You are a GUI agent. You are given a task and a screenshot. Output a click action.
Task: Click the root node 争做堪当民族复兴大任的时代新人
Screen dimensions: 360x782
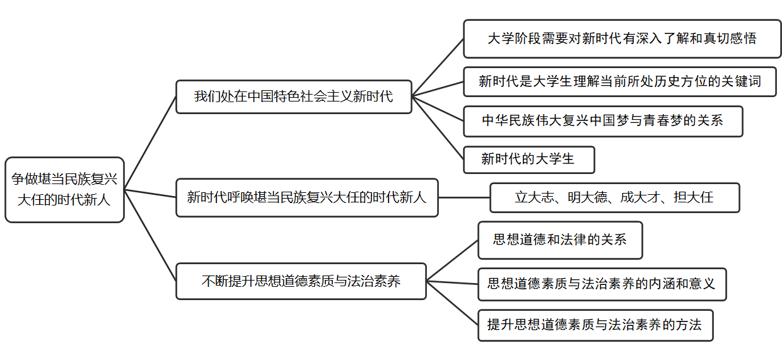tap(64, 190)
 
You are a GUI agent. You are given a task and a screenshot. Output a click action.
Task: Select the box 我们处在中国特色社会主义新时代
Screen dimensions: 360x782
tap(293, 96)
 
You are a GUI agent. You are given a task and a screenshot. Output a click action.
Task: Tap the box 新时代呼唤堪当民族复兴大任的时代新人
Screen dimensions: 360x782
tap(306, 197)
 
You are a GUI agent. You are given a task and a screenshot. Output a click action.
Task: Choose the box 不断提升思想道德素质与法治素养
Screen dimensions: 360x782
tap(301, 281)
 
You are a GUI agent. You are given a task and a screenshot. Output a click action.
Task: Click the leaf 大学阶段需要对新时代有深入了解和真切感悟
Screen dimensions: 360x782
tap(622, 38)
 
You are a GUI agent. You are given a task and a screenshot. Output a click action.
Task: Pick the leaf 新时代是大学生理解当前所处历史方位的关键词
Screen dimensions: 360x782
tap(619, 81)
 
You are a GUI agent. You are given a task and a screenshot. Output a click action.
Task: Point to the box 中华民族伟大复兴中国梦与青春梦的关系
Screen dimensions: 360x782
tap(602, 121)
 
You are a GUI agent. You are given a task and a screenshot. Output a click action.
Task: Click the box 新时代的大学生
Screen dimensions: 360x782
tap(528, 160)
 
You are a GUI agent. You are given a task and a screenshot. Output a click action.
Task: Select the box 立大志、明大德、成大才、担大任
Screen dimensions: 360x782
tap(614, 197)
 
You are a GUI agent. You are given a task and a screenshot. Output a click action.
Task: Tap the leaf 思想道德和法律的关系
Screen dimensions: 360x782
tap(559, 240)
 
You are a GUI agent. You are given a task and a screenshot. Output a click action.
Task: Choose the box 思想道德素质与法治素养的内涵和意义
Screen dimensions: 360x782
tap(602, 284)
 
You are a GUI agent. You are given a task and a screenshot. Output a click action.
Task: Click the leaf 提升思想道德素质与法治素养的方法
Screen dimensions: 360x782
tap(595, 325)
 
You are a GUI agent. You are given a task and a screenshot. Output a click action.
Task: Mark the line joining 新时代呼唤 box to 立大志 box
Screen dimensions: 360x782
tap(464, 197)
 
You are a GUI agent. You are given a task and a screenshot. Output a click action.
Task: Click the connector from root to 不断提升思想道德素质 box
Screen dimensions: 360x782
tap(150, 235)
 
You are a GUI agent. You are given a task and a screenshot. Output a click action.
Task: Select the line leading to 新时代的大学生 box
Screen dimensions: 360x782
tap(438, 128)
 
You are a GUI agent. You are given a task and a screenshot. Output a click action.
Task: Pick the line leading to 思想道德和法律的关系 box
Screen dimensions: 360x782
tap(452, 260)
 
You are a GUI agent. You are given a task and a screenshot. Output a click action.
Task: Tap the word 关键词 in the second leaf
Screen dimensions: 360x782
tap(741, 81)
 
